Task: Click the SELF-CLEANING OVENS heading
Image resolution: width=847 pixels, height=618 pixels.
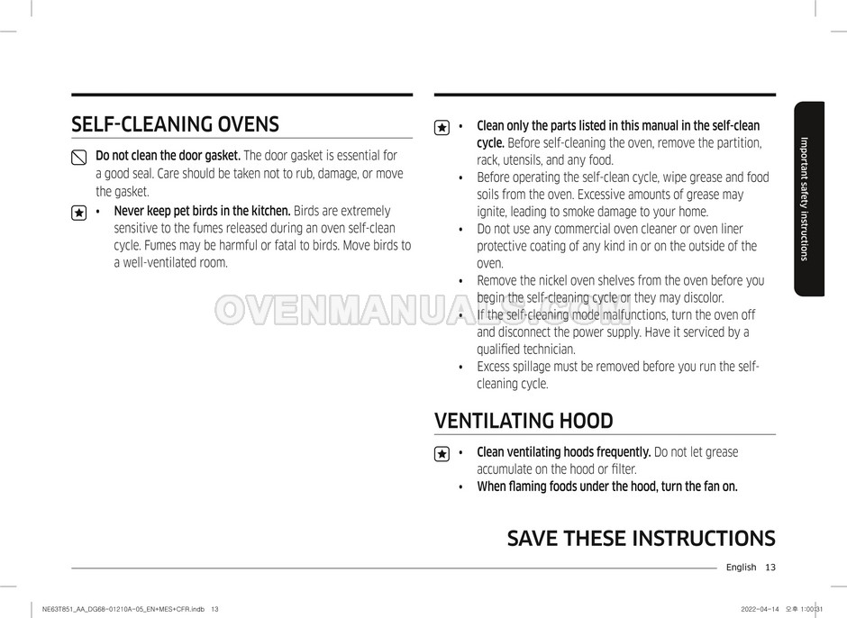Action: [x=175, y=123]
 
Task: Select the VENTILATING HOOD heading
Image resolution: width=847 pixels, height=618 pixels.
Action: [x=524, y=421]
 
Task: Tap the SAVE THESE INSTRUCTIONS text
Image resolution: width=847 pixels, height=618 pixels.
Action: [x=641, y=539]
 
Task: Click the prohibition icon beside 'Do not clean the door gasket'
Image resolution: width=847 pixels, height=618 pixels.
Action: [x=78, y=158]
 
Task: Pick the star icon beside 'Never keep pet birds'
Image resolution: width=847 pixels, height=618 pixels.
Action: [x=78, y=213]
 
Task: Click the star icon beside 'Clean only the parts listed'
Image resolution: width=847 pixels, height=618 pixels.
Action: [x=442, y=128]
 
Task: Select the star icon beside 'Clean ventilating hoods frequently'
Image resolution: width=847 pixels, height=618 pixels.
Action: [x=442, y=454]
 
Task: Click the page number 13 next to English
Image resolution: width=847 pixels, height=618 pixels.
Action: [x=770, y=567]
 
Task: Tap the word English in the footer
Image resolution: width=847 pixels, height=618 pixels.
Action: [x=741, y=567]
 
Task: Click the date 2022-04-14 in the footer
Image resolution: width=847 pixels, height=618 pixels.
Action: [x=759, y=609]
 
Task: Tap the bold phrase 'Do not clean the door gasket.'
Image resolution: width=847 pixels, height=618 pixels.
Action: [x=168, y=156]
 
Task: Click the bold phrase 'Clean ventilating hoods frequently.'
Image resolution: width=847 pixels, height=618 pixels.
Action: [x=563, y=452]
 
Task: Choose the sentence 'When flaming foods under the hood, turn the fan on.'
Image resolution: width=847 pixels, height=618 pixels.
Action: [x=606, y=486]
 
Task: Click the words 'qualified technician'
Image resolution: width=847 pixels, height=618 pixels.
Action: [x=525, y=350]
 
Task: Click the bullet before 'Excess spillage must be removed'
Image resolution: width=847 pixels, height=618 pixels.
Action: [x=460, y=367]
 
